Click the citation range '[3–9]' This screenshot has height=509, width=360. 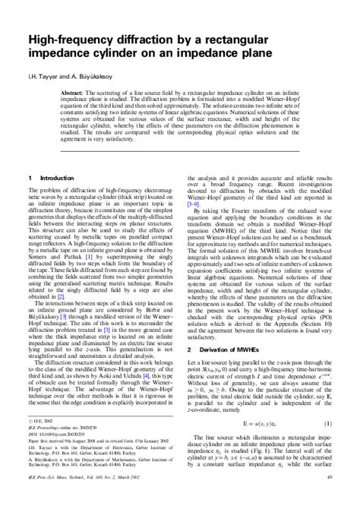coord(197,226)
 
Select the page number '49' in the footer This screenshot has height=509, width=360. coord(329,498)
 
